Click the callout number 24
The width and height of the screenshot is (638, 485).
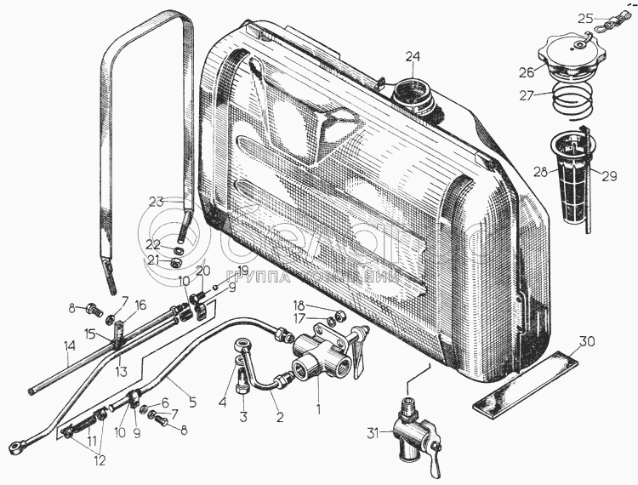(x=413, y=57)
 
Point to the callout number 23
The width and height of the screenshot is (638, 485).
(x=155, y=201)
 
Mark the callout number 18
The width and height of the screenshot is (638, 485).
(x=299, y=305)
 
